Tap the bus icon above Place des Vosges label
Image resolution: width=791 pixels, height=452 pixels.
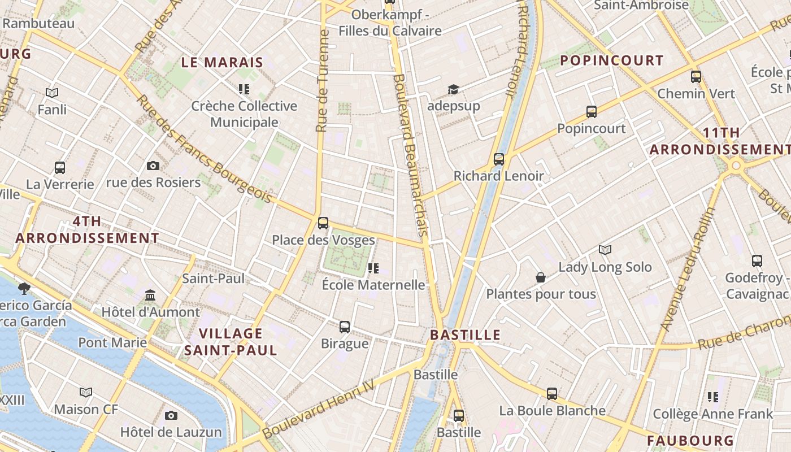[323, 223]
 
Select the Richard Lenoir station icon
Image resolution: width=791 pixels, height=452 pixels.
[498, 159]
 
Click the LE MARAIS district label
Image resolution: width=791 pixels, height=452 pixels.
[223, 62]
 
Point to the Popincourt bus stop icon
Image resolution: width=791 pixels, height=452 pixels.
[591, 112]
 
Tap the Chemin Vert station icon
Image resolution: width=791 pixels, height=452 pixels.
[696, 77]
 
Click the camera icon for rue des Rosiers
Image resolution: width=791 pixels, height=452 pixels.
[153, 166]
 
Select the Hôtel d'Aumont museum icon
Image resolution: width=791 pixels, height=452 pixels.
[150, 295]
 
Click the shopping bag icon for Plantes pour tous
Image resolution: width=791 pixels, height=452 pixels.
[541, 277]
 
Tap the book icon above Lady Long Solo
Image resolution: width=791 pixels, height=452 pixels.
[605, 250]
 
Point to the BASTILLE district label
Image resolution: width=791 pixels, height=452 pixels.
[466, 334]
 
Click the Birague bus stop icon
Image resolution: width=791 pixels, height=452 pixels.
[345, 327]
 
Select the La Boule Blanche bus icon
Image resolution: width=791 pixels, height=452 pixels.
[552, 394]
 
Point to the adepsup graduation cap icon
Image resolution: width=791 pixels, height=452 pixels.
[453, 89]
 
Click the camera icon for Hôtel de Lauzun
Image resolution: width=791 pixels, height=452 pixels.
[171, 415]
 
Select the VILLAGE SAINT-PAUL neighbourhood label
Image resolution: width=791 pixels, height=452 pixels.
[231, 341]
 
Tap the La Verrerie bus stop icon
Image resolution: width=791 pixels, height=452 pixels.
[60, 167]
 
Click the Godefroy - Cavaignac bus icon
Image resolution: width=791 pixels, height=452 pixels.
[757, 261]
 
